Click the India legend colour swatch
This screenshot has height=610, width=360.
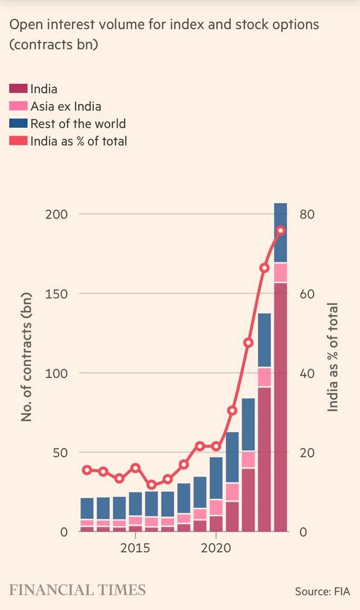[x=19, y=89]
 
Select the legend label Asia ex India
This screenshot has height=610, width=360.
[x=66, y=106]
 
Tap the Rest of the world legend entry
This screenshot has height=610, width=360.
[x=78, y=124]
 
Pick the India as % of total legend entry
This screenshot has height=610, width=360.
[x=79, y=141]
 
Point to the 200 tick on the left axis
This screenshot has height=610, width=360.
[x=57, y=214]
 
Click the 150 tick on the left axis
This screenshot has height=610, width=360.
[x=57, y=294]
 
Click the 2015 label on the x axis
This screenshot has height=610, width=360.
[x=135, y=548]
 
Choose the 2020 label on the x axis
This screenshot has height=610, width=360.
[x=217, y=548]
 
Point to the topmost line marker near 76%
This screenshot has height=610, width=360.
[x=281, y=231]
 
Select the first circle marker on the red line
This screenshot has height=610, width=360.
[x=87, y=470]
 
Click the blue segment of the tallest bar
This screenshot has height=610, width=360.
[x=281, y=233]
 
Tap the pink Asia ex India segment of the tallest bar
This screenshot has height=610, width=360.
[x=281, y=273]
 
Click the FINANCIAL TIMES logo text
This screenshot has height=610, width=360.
[x=77, y=590]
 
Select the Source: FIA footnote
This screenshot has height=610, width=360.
[x=322, y=591]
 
